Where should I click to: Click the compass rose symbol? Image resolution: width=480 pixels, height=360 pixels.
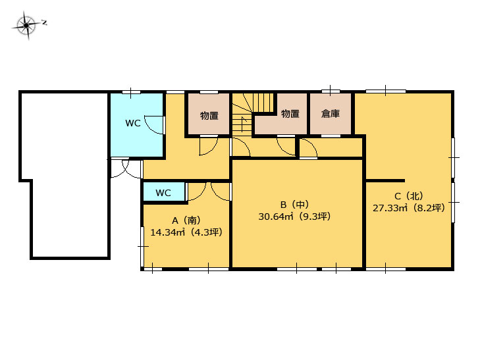click(x=26, y=25)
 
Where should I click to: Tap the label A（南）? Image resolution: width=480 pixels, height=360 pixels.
click(x=186, y=220)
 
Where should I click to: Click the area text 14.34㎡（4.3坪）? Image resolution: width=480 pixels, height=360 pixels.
click(x=186, y=232)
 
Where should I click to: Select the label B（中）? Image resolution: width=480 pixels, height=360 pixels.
click(x=294, y=204)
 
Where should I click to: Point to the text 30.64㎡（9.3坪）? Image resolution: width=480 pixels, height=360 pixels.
click(x=294, y=217)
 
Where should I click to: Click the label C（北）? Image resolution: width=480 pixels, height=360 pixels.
click(x=409, y=195)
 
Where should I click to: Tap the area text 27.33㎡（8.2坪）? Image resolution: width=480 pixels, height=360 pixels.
click(x=409, y=208)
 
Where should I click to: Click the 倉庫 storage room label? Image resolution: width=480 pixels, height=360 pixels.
click(x=331, y=114)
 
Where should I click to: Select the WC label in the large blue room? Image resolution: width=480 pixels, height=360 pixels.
click(x=133, y=123)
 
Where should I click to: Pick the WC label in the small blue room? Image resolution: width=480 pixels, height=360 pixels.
click(x=163, y=193)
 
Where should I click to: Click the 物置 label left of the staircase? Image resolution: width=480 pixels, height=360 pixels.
click(x=209, y=116)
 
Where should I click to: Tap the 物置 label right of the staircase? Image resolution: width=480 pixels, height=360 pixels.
click(x=290, y=114)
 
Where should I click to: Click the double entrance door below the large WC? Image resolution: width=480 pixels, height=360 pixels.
click(x=126, y=168)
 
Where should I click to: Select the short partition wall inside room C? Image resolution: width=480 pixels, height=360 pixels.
click(x=385, y=181)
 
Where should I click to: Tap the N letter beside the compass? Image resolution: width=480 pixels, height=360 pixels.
click(x=44, y=22)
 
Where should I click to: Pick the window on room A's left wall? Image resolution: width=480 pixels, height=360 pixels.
click(x=142, y=247)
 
